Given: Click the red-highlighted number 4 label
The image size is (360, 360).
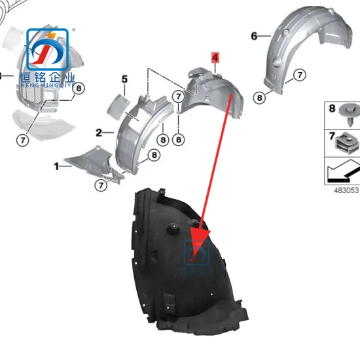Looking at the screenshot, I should tap(215, 58).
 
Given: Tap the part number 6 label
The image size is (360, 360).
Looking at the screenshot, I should tap(254, 35).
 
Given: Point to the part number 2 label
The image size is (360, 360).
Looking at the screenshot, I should tap(99, 132).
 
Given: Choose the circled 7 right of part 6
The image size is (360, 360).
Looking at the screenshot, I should tap(299, 75).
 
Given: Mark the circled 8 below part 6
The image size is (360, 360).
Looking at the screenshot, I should tap(260, 98).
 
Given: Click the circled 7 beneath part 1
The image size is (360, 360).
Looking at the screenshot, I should tap(101, 185).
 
